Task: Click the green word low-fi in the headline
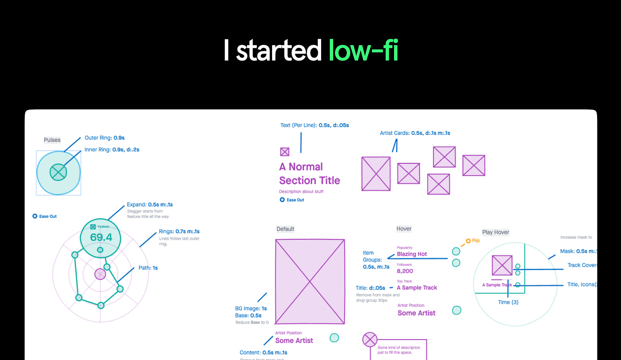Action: click(363, 50)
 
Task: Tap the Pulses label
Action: click(52, 140)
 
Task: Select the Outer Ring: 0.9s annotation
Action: click(104, 138)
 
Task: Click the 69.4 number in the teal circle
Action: click(101, 238)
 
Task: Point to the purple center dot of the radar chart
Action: click(100, 274)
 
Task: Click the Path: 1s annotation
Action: click(148, 268)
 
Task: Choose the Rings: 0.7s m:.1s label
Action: click(179, 232)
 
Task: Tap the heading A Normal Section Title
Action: click(309, 174)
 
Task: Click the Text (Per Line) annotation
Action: click(314, 125)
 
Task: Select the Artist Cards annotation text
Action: click(415, 133)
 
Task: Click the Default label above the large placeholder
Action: click(285, 229)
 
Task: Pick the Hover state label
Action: click(404, 229)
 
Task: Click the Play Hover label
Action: click(496, 232)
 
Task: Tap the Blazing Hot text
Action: click(412, 254)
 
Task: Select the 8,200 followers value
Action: click(405, 271)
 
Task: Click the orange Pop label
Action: click(476, 241)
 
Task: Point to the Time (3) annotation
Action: click(508, 302)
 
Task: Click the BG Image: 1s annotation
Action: click(251, 308)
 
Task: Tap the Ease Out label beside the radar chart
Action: click(48, 216)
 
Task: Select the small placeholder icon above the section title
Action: click(284, 152)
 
